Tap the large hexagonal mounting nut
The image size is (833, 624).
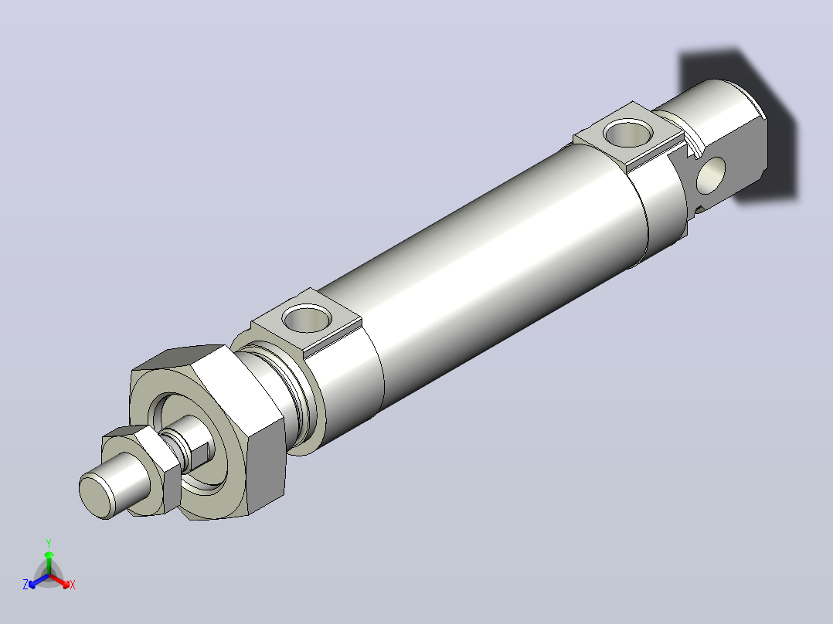[x=207, y=430]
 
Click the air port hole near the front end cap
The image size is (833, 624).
[x=307, y=318]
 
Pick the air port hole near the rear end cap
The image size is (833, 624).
[x=629, y=133]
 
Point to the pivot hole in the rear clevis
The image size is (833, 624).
[x=711, y=175]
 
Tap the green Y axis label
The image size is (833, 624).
[x=49, y=544]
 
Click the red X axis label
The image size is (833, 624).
[x=73, y=585]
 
